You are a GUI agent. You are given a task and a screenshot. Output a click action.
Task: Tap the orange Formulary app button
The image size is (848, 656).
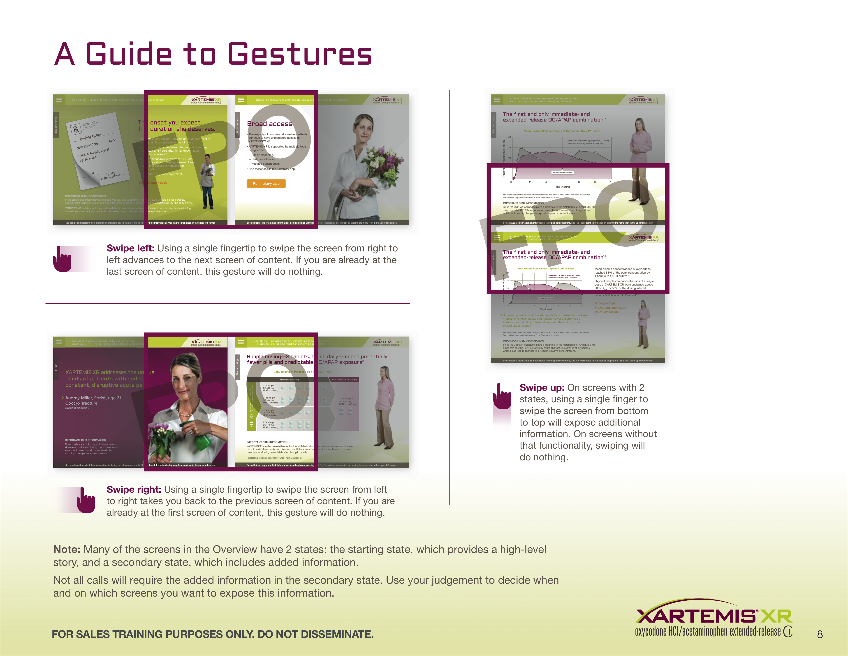pos(266,183)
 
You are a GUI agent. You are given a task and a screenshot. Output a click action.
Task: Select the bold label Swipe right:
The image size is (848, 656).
pos(134,489)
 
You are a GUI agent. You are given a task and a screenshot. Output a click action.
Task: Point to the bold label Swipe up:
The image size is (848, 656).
pos(542,387)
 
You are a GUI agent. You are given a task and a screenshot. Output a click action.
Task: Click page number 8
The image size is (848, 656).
pos(820,634)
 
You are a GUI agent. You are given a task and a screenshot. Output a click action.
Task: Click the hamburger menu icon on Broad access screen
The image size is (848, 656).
pos(241,100)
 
